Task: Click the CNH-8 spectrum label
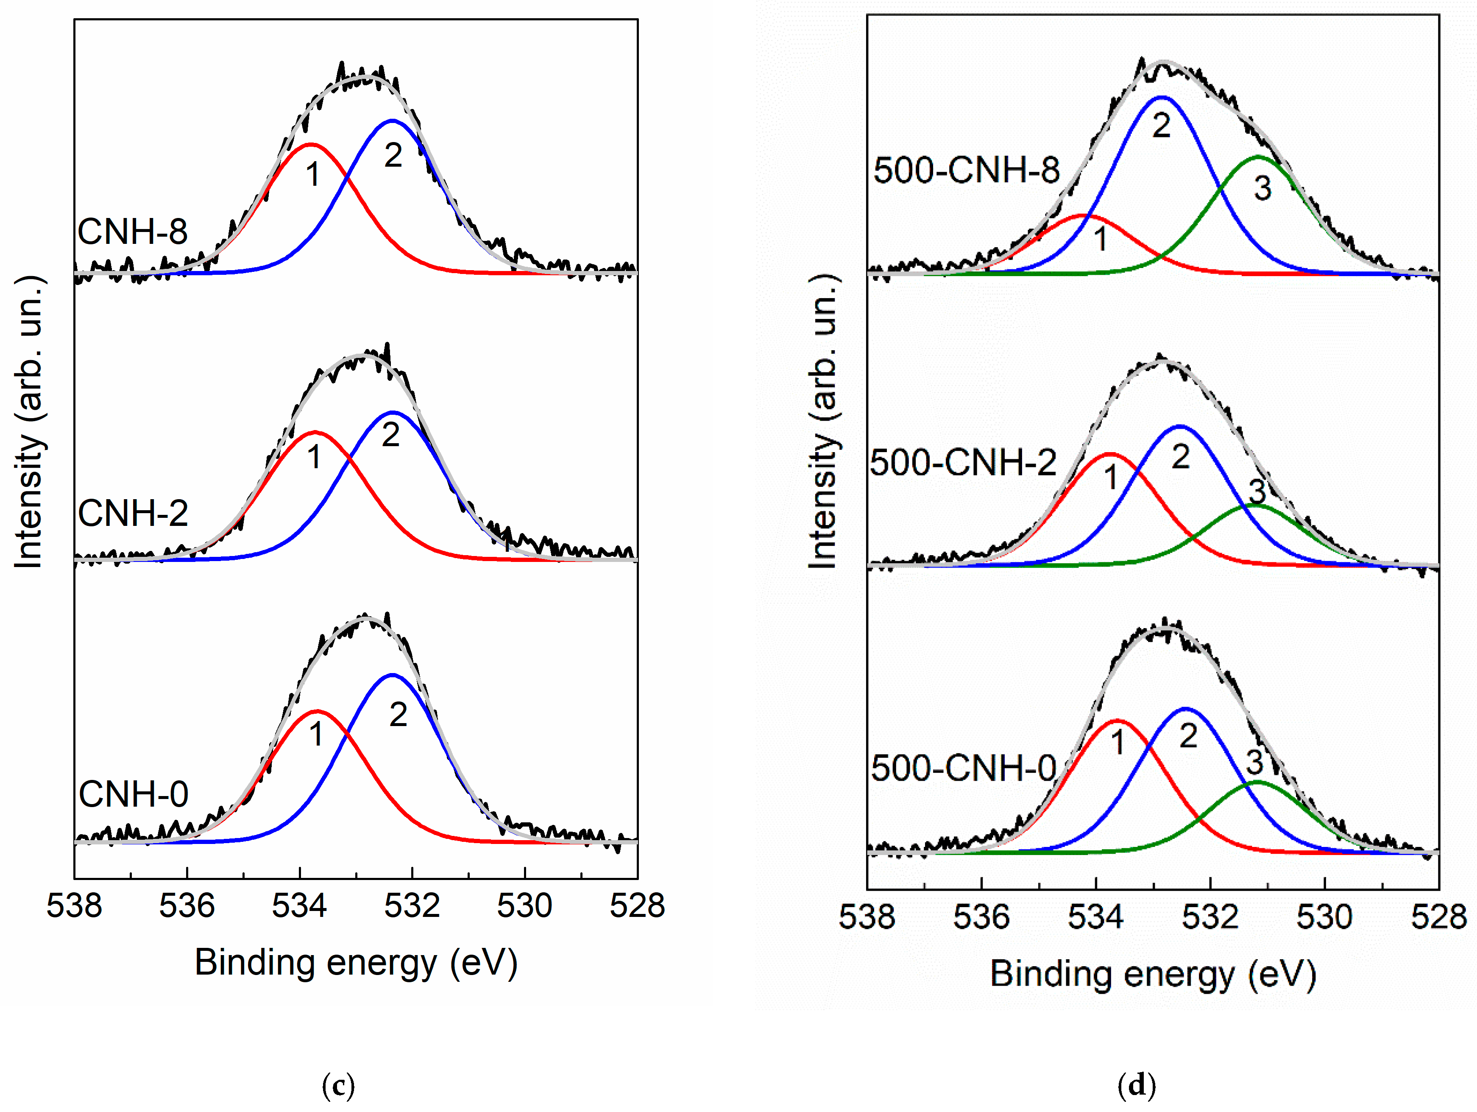pyautogui.click(x=132, y=232)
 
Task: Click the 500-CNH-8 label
pyautogui.click(x=966, y=170)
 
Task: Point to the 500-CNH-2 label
pyautogui.click(x=963, y=462)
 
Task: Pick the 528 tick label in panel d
pyautogui.click(x=1438, y=917)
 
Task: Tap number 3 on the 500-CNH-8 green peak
pyautogui.click(x=1262, y=188)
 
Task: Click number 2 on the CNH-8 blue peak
pyautogui.click(x=393, y=156)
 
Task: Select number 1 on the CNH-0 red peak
pyautogui.click(x=316, y=734)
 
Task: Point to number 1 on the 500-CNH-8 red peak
pyautogui.click(x=1101, y=238)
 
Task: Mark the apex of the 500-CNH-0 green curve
pyautogui.click(x=1257, y=781)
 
